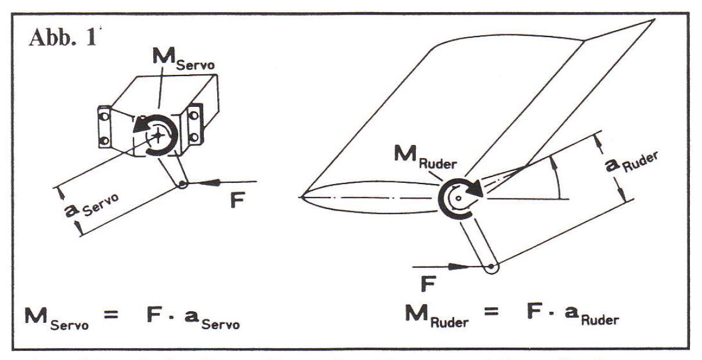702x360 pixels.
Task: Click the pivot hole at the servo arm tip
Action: pos(183,184)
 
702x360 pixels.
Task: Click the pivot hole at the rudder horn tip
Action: pos(492,268)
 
